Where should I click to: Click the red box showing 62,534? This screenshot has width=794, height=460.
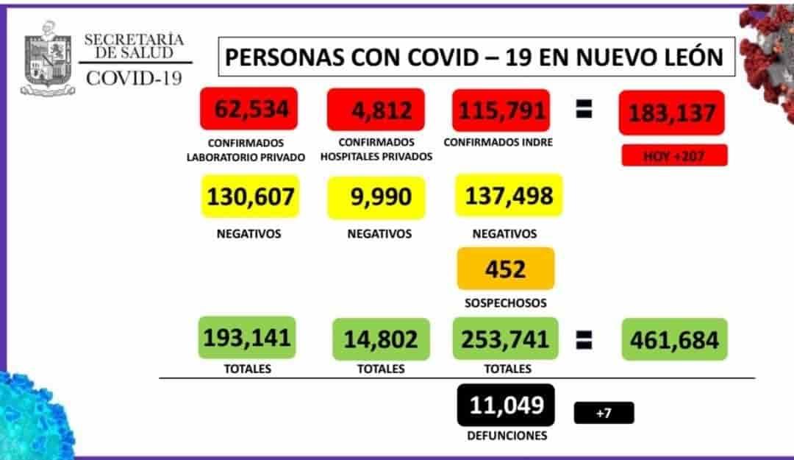point(248,110)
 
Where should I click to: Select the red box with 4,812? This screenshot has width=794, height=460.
point(376,110)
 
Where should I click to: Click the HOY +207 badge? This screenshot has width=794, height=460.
point(674,155)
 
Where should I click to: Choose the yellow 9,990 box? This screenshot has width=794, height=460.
point(376,197)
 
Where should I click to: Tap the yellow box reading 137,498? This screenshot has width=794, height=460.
point(508,195)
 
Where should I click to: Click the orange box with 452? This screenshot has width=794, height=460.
point(505,269)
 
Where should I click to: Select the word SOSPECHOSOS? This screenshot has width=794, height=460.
point(505,302)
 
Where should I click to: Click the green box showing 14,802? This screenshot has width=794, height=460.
point(379,339)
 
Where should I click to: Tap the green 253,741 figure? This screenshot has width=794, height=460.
point(505,338)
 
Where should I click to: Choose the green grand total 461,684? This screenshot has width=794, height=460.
point(674,339)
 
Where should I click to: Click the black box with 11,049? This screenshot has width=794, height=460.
point(507,405)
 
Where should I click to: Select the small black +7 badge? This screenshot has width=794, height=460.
point(603,413)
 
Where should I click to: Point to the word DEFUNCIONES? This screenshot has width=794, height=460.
point(507,436)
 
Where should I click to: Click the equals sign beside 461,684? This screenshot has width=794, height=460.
point(584,339)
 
